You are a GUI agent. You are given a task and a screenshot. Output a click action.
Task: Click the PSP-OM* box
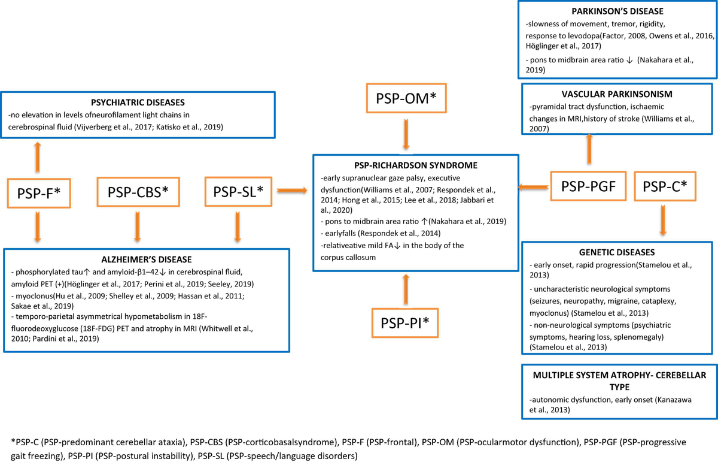pos(406,98)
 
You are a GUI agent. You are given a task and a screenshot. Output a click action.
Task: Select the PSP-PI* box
pos(405,323)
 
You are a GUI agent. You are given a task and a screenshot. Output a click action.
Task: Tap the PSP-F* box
pos(39,193)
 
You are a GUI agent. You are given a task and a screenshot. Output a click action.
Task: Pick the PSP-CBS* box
pos(138,192)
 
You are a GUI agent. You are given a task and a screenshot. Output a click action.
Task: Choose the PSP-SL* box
pos(238,192)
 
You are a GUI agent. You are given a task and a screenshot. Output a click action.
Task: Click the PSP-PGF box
pos(588,186)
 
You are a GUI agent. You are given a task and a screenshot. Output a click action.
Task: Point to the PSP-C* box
pos(665,186)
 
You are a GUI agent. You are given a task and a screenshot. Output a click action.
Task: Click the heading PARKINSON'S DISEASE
pos(617,11)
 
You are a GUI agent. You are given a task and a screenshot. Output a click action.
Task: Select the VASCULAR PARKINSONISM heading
pos(617,94)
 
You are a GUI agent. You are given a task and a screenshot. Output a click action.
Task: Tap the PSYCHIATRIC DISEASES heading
pos(138,102)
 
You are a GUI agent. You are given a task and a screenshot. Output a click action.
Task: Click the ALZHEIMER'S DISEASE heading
pos(147,259)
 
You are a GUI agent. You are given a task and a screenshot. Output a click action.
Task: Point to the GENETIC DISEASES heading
pos(617,252)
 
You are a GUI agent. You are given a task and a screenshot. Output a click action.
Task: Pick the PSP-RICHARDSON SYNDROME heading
pos(416,165)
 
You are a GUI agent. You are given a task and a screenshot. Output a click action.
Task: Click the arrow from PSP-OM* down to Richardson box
pos(406,134)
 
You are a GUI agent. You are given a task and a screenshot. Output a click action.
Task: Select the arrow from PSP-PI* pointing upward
pos(406,289)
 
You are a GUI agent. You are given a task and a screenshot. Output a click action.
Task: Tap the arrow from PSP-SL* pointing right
pos(292,191)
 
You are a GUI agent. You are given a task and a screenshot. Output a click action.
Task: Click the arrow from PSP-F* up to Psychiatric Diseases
pos(38,158)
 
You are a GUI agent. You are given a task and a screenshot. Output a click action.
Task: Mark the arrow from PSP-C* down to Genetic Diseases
pos(663,221)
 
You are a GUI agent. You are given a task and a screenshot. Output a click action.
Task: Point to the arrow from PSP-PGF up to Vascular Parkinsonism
pos(589,149)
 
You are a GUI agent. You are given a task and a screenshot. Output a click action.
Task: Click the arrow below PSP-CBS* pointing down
pos(138,227)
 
